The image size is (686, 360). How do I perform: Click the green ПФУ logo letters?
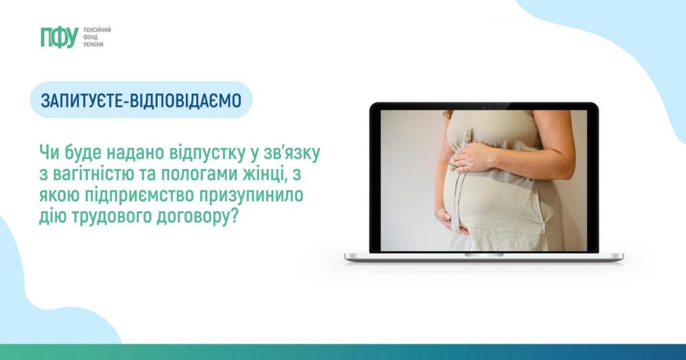point(59,37)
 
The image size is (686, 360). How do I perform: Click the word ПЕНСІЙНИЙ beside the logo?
point(97,30)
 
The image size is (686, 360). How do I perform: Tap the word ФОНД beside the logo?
point(90,37)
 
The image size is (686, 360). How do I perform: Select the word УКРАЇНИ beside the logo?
point(93,45)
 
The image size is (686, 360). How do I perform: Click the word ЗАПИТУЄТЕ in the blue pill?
point(82,101)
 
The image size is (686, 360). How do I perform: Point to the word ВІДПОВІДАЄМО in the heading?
point(185,101)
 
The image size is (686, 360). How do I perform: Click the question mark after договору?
point(234,216)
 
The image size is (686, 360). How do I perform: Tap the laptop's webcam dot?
point(484,107)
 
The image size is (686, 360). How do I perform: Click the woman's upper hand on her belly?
point(473,159)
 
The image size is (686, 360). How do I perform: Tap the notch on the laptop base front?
point(484,255)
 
